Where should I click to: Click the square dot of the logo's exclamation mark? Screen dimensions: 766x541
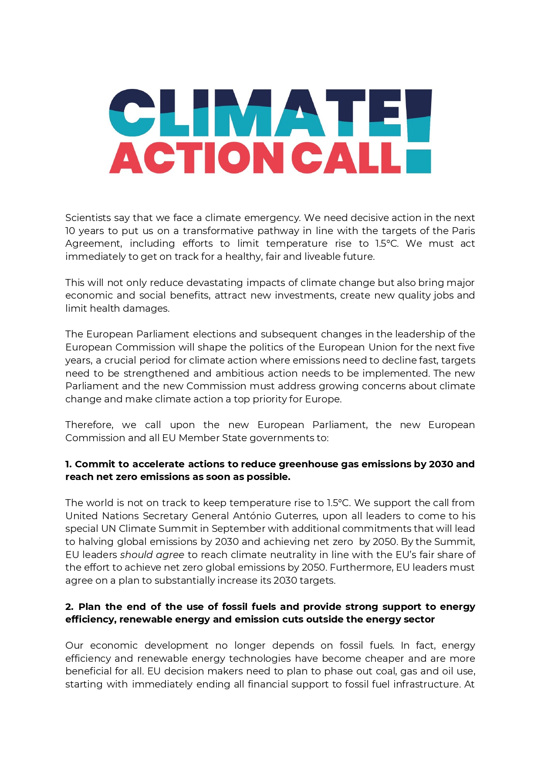click(419, 162)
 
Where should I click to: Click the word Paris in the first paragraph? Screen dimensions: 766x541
click(463, 231)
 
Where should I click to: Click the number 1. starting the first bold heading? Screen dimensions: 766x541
click(69, 464)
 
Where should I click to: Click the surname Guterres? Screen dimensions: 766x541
click(297, 516)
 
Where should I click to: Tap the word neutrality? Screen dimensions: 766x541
click(293, 555)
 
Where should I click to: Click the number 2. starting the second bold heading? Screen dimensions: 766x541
click(70, 606)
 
